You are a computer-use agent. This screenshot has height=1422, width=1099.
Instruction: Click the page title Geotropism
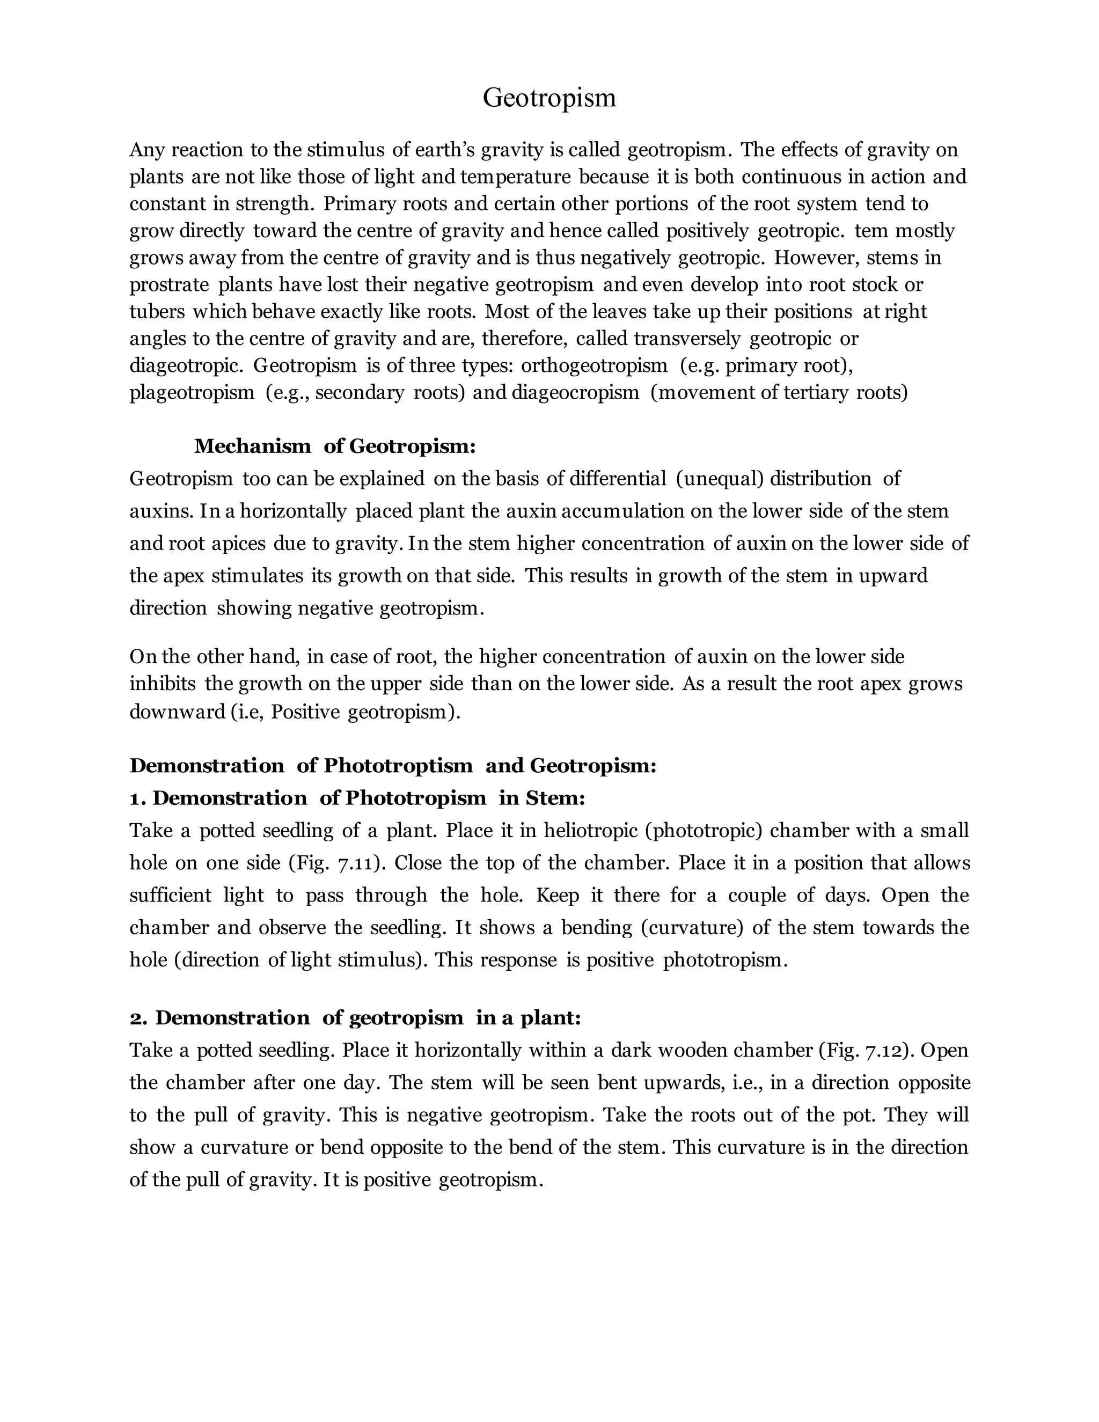549,98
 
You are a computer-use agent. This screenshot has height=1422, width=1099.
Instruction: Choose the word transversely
687,339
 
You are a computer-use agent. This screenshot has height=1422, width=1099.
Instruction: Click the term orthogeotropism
594,366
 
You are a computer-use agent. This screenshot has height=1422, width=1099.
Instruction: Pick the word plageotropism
192,393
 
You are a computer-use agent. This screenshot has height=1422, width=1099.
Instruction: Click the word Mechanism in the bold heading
253,446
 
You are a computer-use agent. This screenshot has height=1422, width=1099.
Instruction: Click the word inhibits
163,684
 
